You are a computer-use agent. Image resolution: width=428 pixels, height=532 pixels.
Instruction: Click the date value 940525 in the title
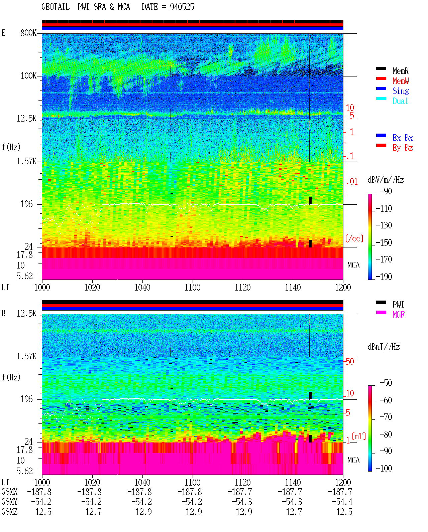[x=182, y=7]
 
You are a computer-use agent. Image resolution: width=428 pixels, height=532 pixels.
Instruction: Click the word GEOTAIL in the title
[x=56, y=7]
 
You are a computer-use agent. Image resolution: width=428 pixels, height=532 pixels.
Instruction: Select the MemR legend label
[x=400, y=71]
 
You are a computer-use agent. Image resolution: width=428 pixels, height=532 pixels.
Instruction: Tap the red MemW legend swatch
[x=381, y=78]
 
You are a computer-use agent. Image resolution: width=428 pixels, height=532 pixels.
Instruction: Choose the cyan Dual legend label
[x=400, y=101]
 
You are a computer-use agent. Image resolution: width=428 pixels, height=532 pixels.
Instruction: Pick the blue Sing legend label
[x=400, y=91]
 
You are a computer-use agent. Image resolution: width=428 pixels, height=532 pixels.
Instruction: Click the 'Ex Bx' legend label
[x=402, y=138]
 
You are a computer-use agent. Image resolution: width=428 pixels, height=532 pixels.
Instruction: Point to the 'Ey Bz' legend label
[x=402, y=148]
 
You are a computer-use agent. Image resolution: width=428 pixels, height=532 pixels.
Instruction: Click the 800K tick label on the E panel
[x=28, y=33]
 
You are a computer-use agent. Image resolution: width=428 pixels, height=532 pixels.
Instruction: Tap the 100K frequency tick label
[x=28, y=76]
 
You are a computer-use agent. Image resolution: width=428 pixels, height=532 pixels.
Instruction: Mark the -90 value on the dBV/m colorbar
[x=386, y=191]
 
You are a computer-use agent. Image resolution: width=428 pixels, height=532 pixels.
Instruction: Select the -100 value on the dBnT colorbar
[x=384, y=468]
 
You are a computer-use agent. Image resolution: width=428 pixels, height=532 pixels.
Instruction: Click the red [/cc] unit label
[x=354, y=238]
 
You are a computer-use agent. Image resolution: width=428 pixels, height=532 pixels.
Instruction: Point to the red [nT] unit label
[x=359, y=436]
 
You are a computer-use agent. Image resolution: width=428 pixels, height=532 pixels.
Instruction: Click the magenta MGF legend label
[x=398, y=315]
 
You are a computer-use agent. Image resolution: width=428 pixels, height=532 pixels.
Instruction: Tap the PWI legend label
[x=398, y=305]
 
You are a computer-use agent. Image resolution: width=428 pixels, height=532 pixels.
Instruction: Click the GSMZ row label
[x=9, y=512]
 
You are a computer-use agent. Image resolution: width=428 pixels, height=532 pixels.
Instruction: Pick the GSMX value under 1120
[x=240, y=492]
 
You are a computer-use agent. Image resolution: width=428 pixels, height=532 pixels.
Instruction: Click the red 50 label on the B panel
[x=350, y=362]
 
